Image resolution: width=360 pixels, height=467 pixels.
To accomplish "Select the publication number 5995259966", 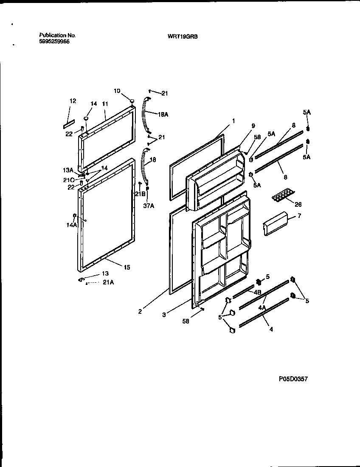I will [x=54, y=42].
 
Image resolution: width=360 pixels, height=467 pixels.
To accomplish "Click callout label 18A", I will [x=163, y=114].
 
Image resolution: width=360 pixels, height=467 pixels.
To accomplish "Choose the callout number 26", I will [x=298, y=204].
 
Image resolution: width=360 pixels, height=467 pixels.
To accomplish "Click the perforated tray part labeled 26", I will [x=282, y=196].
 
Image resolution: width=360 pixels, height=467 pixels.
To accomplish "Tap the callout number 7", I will [x=299, y=216].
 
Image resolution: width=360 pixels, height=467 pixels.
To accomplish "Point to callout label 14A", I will [x=72, y=225].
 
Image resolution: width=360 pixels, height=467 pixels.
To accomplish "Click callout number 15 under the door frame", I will [x=127, y=267].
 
